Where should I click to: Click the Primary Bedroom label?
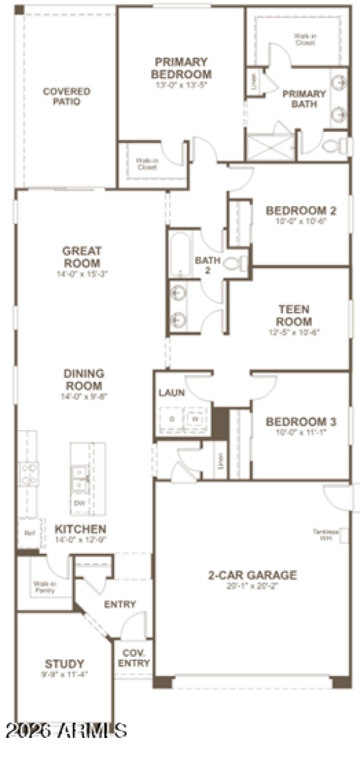tap(181, 68)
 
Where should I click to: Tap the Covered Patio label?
tap(67, 96)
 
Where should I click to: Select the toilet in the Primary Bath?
tap(333, 146)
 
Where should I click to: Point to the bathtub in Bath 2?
tap(180, 254)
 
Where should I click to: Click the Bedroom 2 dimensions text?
tap(301, 221)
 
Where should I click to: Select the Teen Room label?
tap(294, 315)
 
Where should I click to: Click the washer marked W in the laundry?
tap(195, 419)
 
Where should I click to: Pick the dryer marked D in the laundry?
tap(171, 419)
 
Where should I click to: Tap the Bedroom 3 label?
tap(301, 422)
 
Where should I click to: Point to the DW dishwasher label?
tap(80, 503)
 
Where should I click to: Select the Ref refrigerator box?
tap(30, 534)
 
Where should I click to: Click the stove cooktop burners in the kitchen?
tap(28, 474)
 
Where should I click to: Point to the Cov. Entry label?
tap(134, 658)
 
